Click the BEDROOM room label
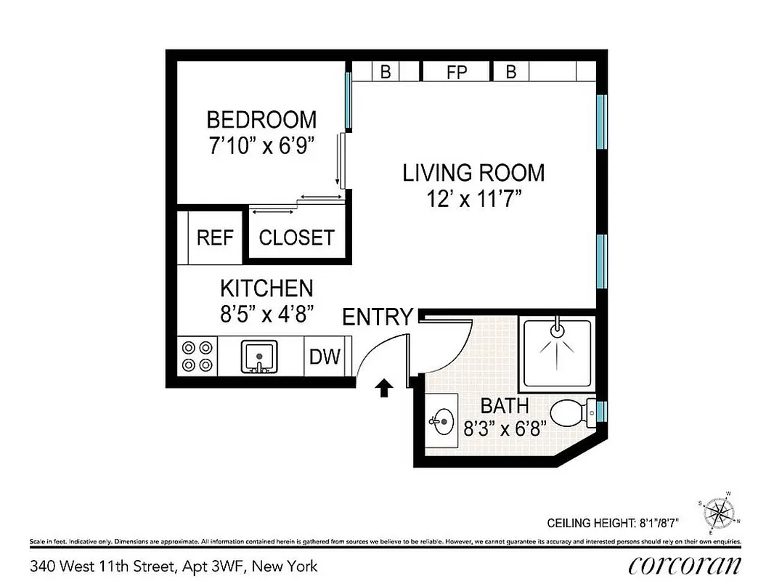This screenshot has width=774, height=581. tap(261, 119)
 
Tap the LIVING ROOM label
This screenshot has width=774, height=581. tap(473, 173)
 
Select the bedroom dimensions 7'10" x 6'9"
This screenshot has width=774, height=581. tap(261, 146)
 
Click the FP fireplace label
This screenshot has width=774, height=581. tap(457, 72)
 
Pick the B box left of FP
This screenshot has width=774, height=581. tap(386, 72)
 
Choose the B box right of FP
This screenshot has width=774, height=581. tap(510, 72)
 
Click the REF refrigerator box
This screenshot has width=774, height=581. tap(215, 237)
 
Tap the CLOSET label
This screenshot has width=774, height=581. tap(296, 237)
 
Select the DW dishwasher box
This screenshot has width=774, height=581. tap(325, 357)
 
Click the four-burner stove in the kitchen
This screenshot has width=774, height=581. tap(197, 357)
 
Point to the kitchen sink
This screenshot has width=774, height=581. tap(257, 357)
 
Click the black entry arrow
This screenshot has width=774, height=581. tap(384, 389)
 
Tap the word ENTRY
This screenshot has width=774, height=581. tap(377, 317)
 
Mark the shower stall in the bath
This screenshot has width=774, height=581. tap(556, 352)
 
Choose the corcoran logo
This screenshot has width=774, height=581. tap(685, 565)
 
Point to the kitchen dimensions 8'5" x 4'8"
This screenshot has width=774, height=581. tap(266, 314)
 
